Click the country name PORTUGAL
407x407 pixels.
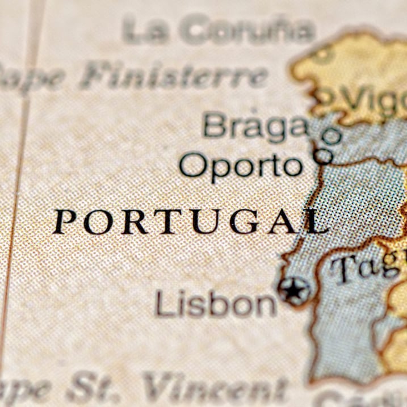click(x=190, y=221)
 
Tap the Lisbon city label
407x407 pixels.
click(x=216, y=304)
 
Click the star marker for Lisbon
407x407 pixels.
click(x=294, y=291)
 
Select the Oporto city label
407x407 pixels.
click(x=241, y=165)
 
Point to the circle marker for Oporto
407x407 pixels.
click(x=324, y=154)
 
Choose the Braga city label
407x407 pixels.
click(x=255, y=125)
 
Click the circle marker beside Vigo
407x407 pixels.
click(x=326, y=95)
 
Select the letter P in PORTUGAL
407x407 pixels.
click(x=64, y=221)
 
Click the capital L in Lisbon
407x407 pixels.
click(x=163, y=304)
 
